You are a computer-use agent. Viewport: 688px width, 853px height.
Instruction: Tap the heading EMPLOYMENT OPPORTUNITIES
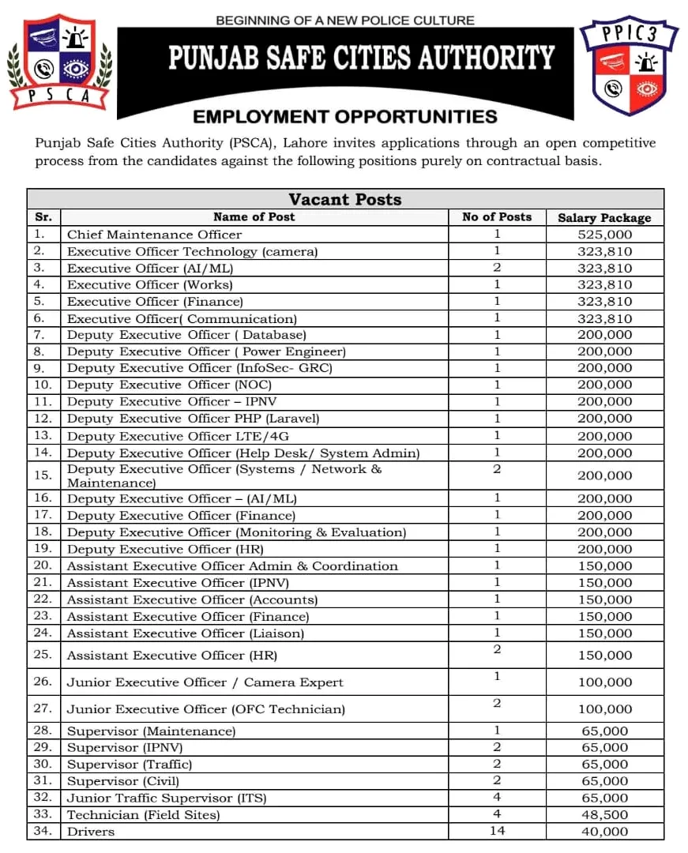click(345, 117)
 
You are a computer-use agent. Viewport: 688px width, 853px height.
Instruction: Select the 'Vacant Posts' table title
click(344, 199)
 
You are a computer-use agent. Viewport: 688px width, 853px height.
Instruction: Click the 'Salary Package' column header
click(604, 217)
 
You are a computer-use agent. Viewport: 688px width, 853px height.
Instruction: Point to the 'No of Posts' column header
click(497, 217)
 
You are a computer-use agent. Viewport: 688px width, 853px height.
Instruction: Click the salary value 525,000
click(604, 235)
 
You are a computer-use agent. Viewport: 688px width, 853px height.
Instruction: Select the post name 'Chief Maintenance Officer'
click(154, 235)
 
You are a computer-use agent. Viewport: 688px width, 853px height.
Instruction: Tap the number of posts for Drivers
click(497, 831)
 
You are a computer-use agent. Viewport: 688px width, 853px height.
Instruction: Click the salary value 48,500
click(604, 814)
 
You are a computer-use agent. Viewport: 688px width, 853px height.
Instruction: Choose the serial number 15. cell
click(43, 475)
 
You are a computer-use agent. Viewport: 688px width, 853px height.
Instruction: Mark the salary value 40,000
click(604, 832)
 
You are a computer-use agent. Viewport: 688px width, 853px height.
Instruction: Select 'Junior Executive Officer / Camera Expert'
click(205, 682)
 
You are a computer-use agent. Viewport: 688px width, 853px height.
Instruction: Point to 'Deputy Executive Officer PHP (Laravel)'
click(194, 419)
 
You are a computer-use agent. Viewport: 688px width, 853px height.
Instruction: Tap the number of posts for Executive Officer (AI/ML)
click(497, 268)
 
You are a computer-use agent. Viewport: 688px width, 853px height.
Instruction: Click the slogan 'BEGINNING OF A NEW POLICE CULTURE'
click(345, 20)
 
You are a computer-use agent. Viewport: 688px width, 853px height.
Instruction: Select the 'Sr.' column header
click(43, 217)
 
